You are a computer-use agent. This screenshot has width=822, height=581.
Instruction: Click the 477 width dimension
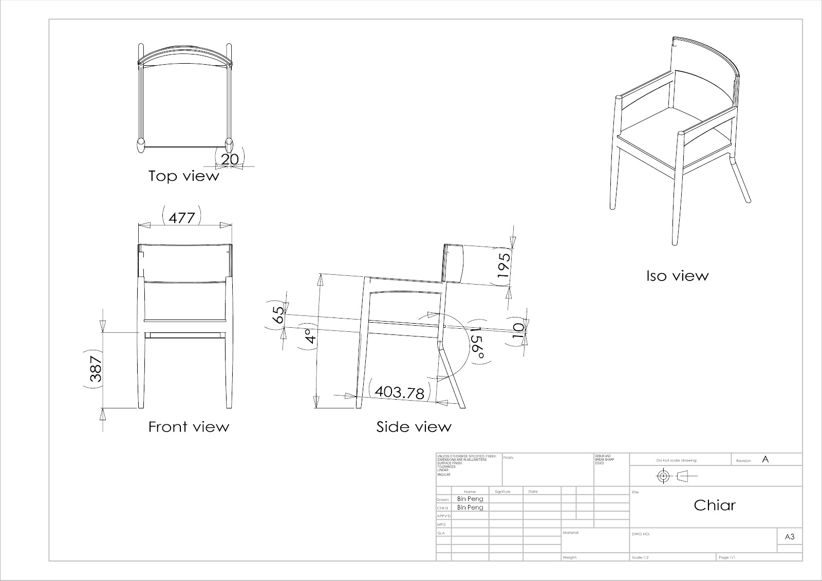[182, 218]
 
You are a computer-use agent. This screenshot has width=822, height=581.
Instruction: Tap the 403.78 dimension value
[399, 392]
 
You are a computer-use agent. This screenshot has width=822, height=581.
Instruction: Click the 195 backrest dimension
[505, 265]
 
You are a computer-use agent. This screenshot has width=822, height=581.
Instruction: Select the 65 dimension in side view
[277, 314]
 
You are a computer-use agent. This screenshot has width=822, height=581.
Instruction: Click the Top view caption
[184, 176]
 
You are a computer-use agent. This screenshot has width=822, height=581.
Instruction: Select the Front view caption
[189, 427]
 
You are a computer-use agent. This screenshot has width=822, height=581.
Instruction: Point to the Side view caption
[414, 427]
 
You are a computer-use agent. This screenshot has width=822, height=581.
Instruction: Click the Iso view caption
[677, 276]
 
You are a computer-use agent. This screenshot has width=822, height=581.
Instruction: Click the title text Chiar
[715, 505]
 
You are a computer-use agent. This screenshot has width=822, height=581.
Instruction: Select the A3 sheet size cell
[790, 537]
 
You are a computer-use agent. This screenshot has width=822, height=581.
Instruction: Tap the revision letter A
[765, 460]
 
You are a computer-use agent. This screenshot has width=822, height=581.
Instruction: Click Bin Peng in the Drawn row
[470, 499]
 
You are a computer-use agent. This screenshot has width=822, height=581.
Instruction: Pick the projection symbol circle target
[663, 476]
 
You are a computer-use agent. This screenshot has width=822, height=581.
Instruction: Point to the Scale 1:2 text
[643, 557]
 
